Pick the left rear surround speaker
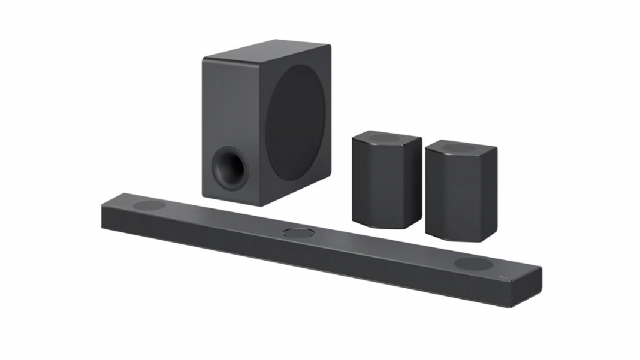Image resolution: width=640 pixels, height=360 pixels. point(387,180)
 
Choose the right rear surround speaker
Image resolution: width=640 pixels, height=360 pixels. point(461,192)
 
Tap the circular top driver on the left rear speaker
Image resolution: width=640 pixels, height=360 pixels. point(384,137)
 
